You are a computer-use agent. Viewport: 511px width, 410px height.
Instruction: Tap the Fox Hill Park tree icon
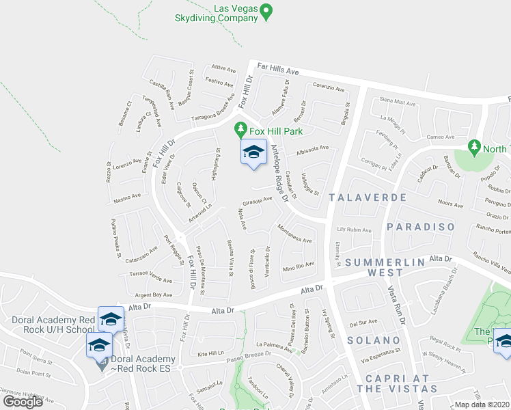click(240, 128)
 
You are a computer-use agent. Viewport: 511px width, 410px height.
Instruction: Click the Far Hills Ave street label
click(278, 70)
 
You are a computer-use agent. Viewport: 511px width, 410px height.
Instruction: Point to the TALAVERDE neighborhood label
click(368, 197)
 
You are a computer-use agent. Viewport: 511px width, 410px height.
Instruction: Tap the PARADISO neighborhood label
click(420, 227)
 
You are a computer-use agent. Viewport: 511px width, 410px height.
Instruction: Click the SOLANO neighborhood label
click(373, 340)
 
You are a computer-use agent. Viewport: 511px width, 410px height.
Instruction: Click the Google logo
click(23, 402)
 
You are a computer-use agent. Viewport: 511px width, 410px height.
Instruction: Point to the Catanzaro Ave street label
click(141, 257)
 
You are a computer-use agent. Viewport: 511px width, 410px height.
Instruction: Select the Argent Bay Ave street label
click(154, 295)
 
